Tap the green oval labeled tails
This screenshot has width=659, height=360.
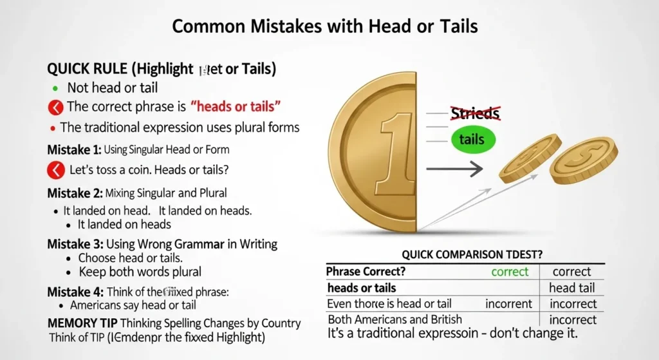click(472, 140)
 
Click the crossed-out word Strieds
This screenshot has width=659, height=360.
click(475, 114)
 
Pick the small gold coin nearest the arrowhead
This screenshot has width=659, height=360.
click(530, 158)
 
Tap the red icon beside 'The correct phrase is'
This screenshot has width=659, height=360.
click(55, 107)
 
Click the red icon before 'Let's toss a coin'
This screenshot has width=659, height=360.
click(56, 171)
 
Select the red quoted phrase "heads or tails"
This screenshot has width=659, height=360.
click(236, 106)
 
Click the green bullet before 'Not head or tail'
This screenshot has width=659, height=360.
click(55, 88)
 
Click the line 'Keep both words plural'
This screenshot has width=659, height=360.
click(140, 271)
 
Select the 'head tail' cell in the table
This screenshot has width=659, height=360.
click(571, 288)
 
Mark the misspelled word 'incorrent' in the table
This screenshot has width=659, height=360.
click(508, 303)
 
